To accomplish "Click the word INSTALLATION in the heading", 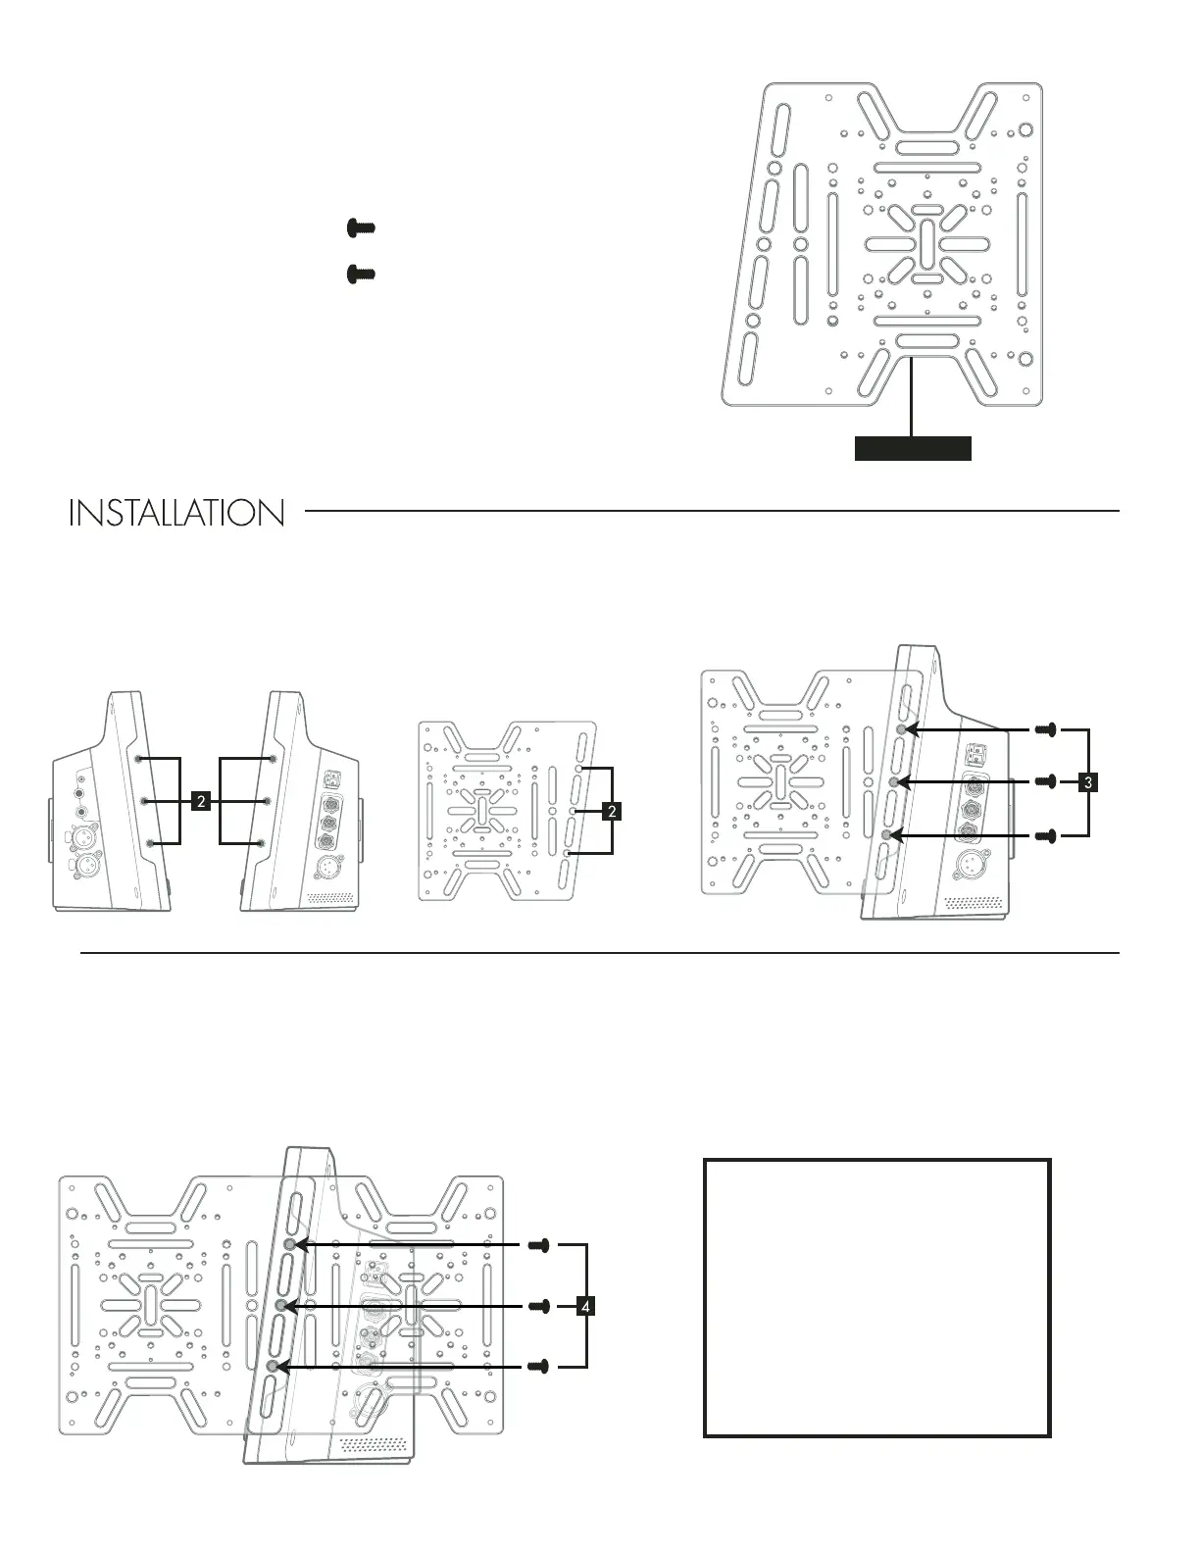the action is [x=176, y=513].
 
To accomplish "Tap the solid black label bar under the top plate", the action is [x=913, y=448].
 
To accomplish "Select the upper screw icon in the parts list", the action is [x=361, y=228].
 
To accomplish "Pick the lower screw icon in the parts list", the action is [x=361, y=274].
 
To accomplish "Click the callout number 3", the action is [x=1088, y=782].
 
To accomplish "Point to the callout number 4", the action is [x=585, y=1307].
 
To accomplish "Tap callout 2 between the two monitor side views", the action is [x=201, y=802].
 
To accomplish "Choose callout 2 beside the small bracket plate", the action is [x=612, y=811].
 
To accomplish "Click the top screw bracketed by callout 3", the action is [x=1046, y=729].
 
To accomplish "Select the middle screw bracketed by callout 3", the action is [x=1046, y=781].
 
